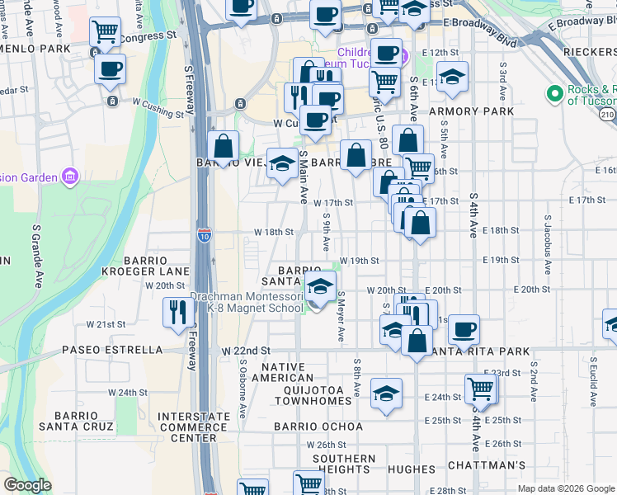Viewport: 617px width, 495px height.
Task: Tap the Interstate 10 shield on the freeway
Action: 204,235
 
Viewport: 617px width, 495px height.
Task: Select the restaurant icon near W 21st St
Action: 178,313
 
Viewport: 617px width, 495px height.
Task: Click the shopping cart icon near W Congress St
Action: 106,33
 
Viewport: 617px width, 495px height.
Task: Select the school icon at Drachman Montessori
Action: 320,288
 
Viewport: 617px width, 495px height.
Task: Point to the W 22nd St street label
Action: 246,351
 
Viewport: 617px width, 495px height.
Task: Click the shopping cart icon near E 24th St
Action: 480,389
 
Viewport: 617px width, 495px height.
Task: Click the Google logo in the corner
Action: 27,485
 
